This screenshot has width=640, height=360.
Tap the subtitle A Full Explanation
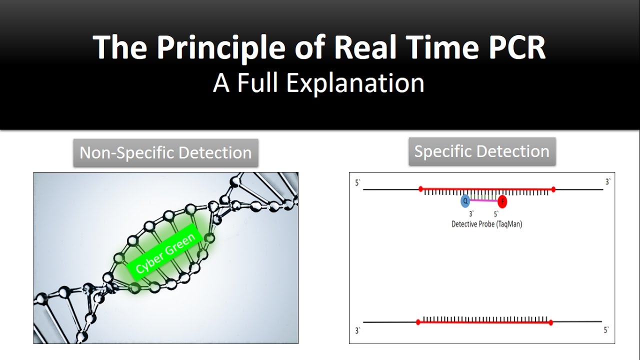pyautogui.click(x=318, y=83)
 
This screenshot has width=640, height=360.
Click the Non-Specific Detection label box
pyautogui.click(x=165, y=152)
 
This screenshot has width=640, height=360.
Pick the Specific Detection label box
pyautogui.click(x=481, y=151)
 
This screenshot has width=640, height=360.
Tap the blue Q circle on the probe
pyautogui.click(x=465, y=201)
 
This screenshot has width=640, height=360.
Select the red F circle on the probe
pyautogui.click(x=502, y=202)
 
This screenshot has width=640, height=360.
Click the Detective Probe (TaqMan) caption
pyautogui.click(x=486, y=224)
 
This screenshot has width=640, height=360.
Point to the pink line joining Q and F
pyautogui.click(x=483, y=201)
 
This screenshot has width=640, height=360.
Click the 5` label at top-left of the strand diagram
pyautogui.click(x=357, y=183)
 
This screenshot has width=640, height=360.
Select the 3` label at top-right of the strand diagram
pyautogui.click(x=607, y=182)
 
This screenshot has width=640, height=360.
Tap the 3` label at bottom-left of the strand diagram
pyautogui.click(x=357, y=330)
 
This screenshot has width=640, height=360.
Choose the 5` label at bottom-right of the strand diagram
pyautogui.click(x=606, y=330)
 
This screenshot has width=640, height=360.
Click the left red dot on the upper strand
pyautogui.click(x=420, y=189)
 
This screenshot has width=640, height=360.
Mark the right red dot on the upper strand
pyautogui.click(x=553, y=189)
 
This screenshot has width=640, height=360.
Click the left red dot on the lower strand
pyautogui.click(x=418, y=322)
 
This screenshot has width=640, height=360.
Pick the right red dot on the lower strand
pyautogui.click(x=550, y=322)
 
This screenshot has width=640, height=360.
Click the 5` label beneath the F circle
pyautogui.click(x=496, y=214)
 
